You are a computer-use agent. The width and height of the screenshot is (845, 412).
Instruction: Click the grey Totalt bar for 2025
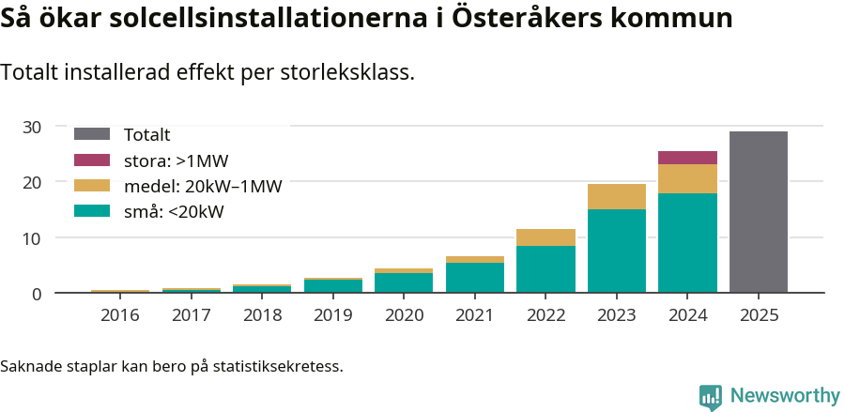[758, 212]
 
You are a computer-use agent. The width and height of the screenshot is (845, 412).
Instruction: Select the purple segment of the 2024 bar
[687, 158]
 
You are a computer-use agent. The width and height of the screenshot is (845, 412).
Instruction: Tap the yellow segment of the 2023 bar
[616, 196]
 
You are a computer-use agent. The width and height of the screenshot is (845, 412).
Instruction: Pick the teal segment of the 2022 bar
[545, 269]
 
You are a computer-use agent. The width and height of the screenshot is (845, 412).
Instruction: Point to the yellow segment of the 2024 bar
[687, 178]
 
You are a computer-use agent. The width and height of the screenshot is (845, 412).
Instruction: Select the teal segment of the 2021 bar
[474, 278]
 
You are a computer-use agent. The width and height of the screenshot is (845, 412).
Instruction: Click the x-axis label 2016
[120, 314]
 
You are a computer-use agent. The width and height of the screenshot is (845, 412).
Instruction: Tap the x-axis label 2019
[332, 314]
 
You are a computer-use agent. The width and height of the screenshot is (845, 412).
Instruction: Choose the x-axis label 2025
[758, 314]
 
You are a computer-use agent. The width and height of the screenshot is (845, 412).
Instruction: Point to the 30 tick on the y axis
[32, 127]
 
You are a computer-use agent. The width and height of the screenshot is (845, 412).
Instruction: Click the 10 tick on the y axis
[32, 238]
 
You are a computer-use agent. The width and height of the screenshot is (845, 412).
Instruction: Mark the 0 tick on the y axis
[37, 294]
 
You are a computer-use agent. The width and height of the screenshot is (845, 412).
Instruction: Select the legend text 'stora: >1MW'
[177, 160]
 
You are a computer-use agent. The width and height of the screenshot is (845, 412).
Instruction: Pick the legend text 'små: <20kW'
[174, 212]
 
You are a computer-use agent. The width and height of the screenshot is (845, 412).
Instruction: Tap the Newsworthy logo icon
[711, 396]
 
